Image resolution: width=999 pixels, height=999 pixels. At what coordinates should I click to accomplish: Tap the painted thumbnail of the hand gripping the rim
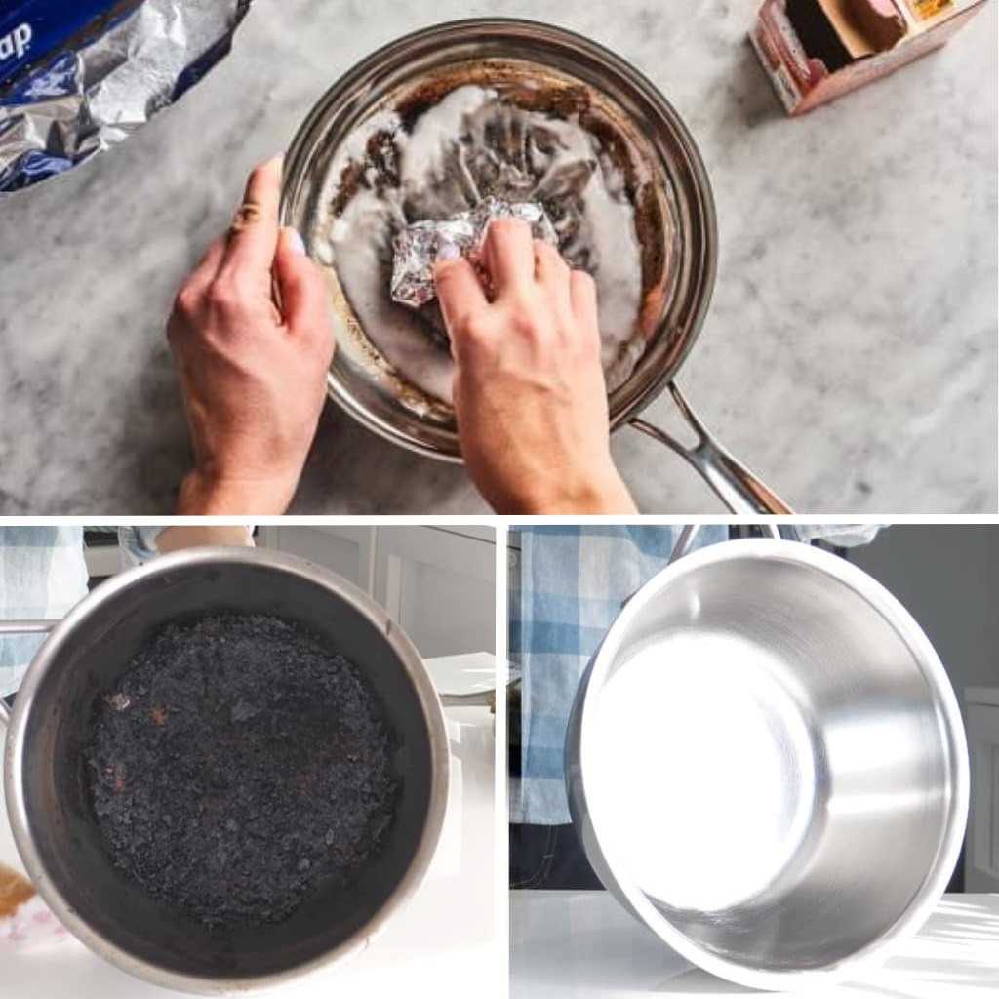[x=294, y=240]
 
